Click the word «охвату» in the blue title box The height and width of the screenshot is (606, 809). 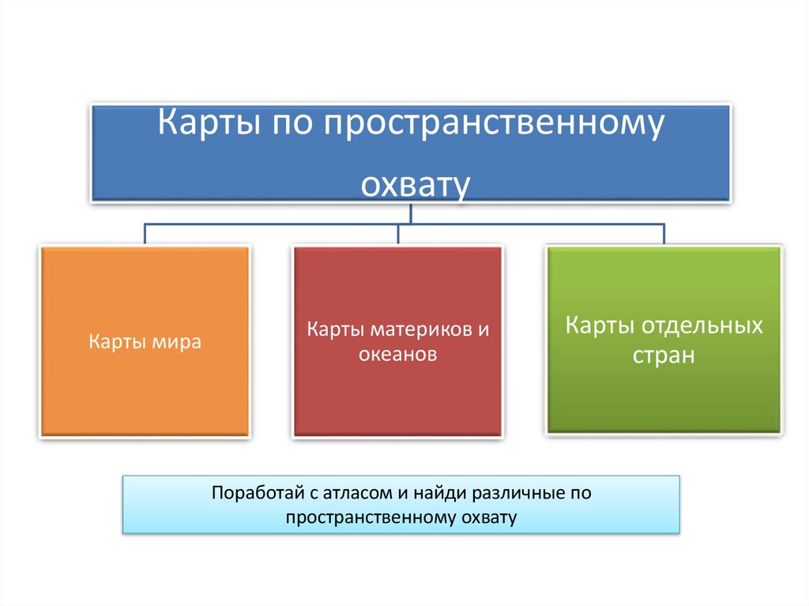point(416,183)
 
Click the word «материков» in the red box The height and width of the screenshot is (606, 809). point(414,328)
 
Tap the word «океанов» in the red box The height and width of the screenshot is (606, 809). point(397,355)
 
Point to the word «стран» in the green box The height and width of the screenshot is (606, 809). point(664,355)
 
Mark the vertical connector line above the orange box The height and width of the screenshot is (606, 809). point(145,234)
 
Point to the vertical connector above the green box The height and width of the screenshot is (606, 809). point(664,234)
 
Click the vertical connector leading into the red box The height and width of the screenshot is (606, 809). point(397,234)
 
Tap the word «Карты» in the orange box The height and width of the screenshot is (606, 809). point(115,342)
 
